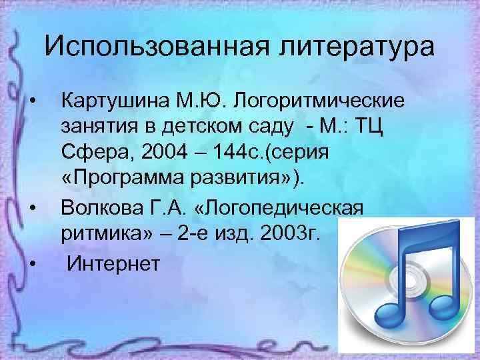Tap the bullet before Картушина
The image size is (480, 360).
[33, 101]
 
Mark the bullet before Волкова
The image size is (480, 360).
[33, 209]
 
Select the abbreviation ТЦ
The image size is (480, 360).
[386, 128]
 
